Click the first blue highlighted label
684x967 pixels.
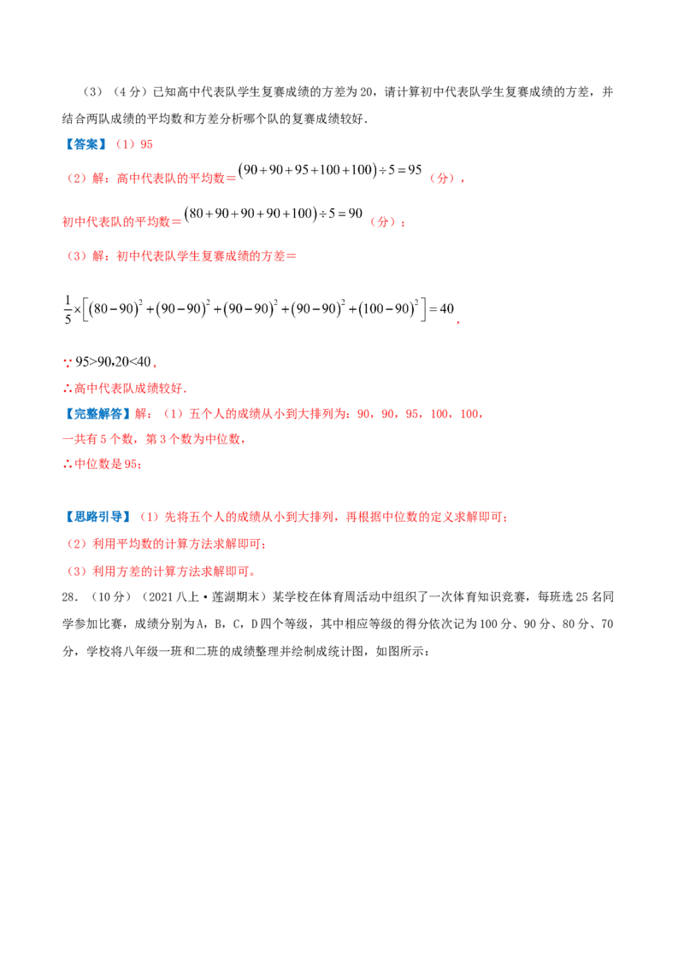coord(85,144)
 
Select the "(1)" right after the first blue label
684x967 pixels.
coord(126,144)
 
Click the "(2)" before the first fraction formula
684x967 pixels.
coord(76,179)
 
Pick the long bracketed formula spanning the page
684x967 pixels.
coord(261,310)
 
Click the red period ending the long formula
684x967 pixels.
coord(463,324)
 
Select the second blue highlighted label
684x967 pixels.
coord(96,414)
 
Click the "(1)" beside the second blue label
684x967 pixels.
coord(174,415)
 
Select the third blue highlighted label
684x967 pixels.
coord(97,516)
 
